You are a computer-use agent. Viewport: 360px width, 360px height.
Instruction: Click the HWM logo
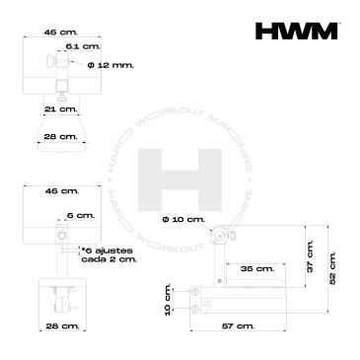(x=297, y=31)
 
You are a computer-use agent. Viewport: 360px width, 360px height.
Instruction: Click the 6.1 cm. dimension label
(x=83, y=46)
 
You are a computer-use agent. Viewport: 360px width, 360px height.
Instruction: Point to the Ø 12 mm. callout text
(x=110, y=65)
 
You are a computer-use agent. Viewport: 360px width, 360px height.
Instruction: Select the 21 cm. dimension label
(x=61, y=108)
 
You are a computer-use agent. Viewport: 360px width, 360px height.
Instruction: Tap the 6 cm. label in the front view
(x=81, y=216)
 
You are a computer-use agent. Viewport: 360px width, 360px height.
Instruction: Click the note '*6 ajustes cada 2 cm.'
(x=109, y=254)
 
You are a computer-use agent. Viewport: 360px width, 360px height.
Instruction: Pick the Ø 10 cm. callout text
(x=183, y=219)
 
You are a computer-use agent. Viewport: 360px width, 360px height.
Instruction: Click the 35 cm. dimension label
(x=257, y=268)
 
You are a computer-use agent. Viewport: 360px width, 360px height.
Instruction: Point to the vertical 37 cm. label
(x=310, y=256)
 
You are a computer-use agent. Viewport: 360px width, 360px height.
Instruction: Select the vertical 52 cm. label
(x=332, y=268)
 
